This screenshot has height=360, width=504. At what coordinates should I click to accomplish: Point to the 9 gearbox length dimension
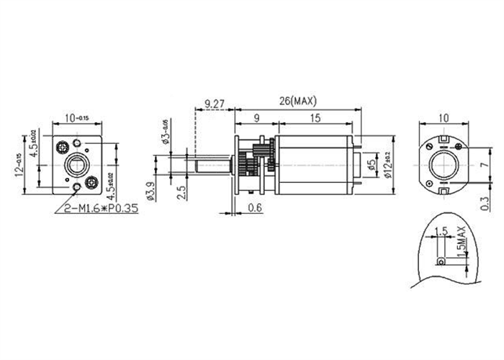[257, 118]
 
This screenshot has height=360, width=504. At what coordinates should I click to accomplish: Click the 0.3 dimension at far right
[483, 207]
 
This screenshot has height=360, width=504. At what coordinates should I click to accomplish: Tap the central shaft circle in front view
[76, 165]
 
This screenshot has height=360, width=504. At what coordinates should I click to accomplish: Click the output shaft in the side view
[209, 170]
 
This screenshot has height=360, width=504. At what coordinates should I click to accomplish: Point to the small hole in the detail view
[440, 261]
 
